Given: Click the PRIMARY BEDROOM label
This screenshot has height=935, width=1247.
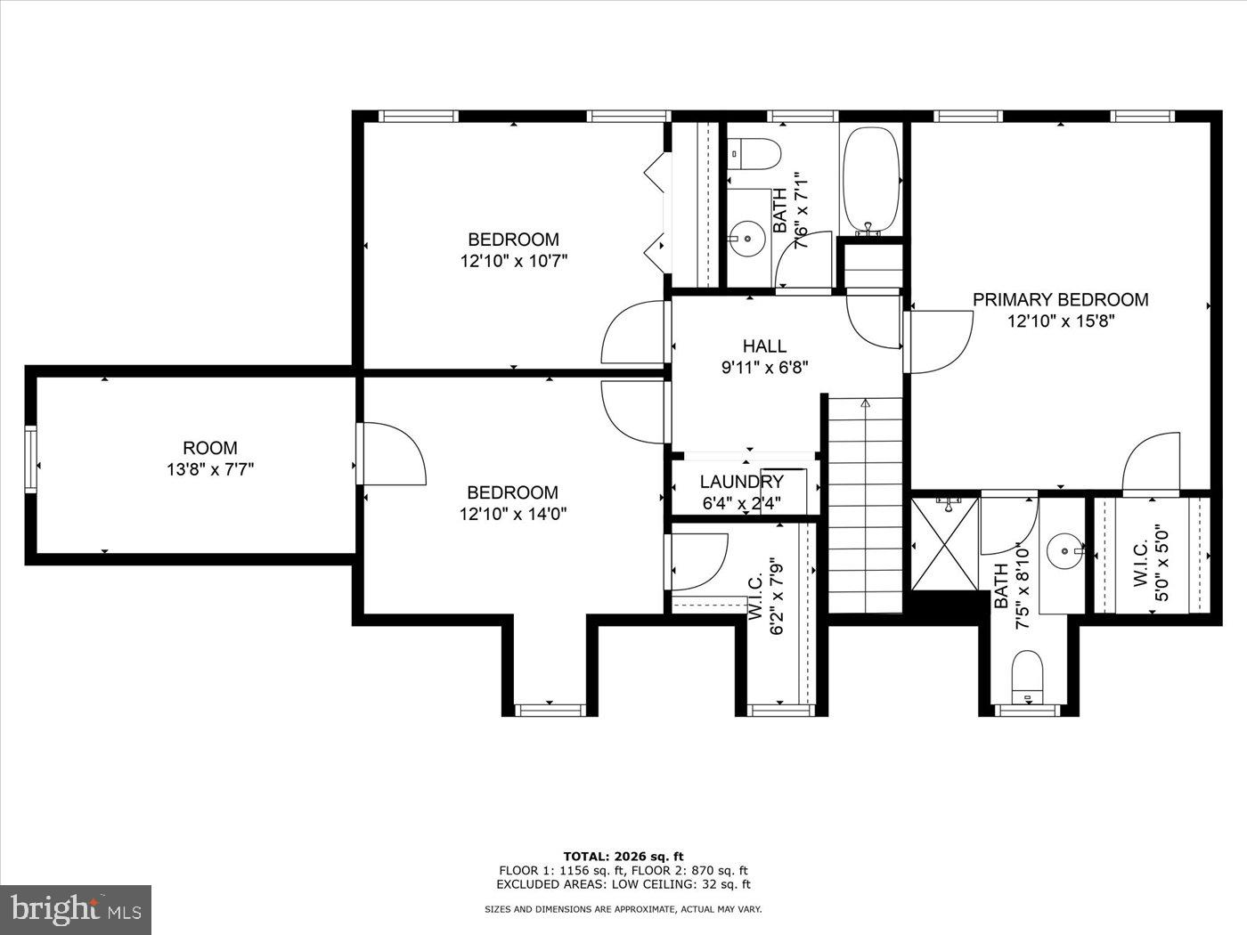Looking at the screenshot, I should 1060,300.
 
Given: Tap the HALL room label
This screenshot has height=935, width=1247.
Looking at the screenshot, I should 764,346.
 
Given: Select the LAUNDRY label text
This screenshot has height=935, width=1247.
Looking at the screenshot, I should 741,483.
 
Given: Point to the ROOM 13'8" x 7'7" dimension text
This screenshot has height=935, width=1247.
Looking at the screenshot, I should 210,469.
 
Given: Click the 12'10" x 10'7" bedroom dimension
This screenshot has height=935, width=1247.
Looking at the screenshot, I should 514,261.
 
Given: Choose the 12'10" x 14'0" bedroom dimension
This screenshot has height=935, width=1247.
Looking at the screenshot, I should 513,514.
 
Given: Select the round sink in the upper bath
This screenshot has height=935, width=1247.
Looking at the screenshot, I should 746,238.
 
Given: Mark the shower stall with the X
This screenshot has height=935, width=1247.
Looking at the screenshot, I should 944,543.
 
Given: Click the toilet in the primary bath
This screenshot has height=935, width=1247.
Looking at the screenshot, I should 1028,674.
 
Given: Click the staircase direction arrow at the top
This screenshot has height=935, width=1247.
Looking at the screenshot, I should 865,403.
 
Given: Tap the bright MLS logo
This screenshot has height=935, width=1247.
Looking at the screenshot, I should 75,909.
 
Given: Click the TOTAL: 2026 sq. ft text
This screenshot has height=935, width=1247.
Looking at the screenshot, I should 623,857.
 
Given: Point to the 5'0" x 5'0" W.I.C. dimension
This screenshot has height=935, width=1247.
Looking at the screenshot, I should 1161,563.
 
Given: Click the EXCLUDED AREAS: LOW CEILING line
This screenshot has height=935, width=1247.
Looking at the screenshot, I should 623,884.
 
